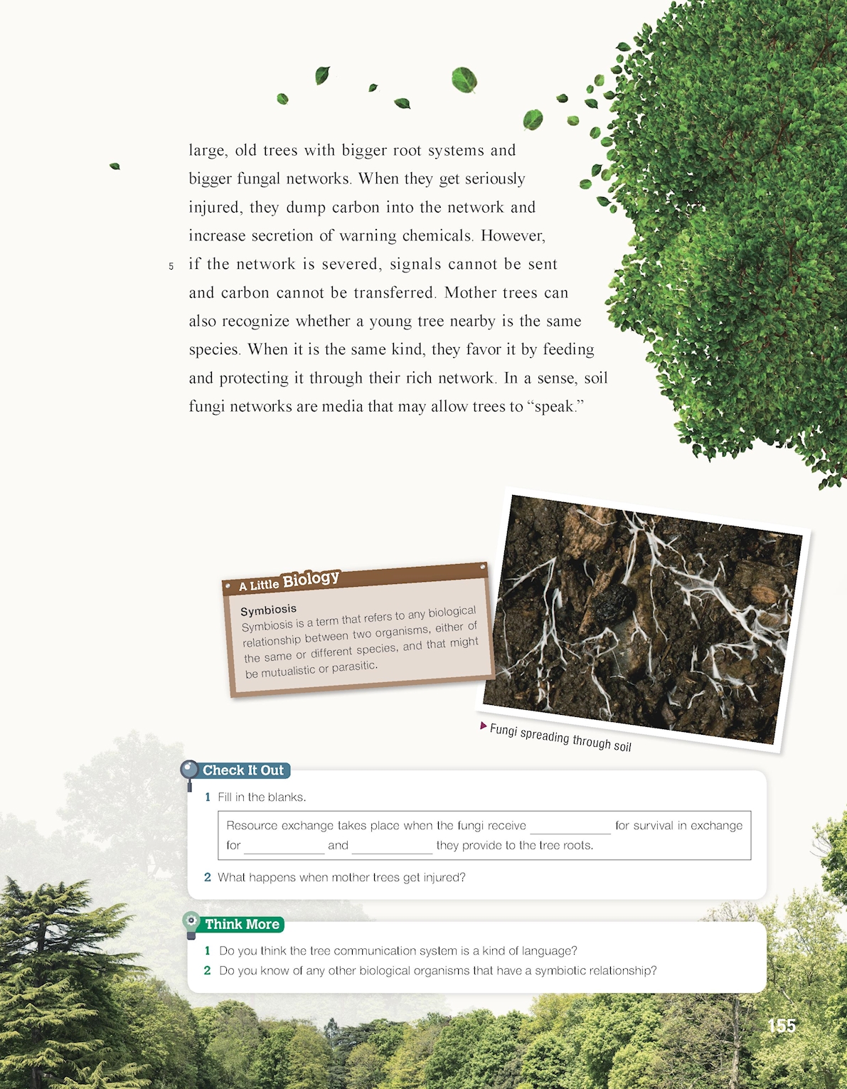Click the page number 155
click(782, 1026)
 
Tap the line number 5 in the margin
click(171, 267)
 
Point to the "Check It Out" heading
click(243, 770)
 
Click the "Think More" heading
click(242, 924)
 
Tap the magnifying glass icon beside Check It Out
click(189, 772)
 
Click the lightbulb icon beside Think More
click(191, 924)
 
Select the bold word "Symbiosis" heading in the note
click(268, 610)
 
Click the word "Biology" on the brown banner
click(311, 579)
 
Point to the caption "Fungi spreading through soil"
click(560, 738)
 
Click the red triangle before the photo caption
click(484, 726)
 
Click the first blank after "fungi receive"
click(570, 827)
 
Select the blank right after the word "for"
click(284, 846)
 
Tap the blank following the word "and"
click(392, 846)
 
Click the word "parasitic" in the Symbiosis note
click(353, 666)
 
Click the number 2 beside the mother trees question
click(208, 877)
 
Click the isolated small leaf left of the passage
click(114, 166)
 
